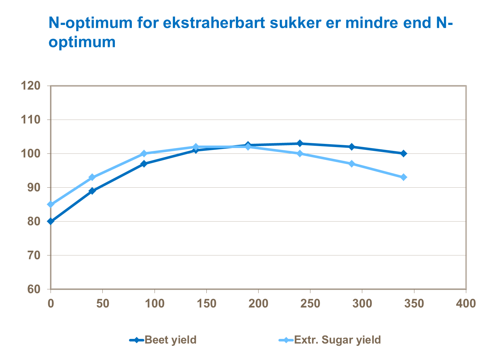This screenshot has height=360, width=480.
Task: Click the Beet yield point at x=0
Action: coord(51,221)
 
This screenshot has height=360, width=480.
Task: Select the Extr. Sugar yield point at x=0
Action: coord(51,204)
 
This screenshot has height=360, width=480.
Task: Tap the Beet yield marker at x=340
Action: coord(404,153)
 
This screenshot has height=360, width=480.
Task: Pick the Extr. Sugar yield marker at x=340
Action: coord(404,177)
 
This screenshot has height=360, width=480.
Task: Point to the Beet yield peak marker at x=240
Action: coord(300,143)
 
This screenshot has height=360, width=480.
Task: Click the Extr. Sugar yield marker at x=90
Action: coord(144,153)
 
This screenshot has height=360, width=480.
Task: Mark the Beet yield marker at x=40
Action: coord(92,191)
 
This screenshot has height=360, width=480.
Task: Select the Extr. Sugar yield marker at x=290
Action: coord(352,164)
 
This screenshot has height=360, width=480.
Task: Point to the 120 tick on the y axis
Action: coord(30,86)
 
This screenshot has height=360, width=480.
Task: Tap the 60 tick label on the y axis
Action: coord(34,289)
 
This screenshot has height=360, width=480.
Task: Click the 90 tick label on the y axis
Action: coord(34,187)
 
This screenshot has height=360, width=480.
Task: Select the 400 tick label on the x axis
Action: coord(466,303)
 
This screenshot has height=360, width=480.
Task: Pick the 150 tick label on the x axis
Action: coord(206,303)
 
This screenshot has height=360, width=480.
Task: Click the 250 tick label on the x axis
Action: coord(310,303)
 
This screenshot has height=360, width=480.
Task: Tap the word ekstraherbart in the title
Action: coord(214,23)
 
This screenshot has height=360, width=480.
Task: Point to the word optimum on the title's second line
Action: coord(82,42)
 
